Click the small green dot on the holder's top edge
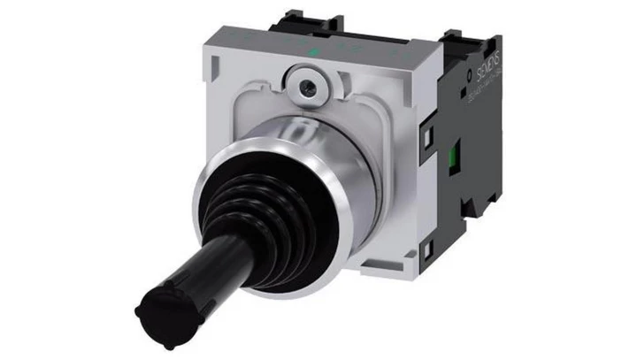pyautogui.click(x=314, y=52)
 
